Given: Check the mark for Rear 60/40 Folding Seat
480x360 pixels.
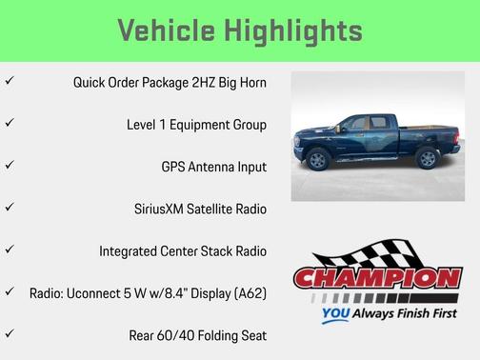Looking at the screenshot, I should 10,334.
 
